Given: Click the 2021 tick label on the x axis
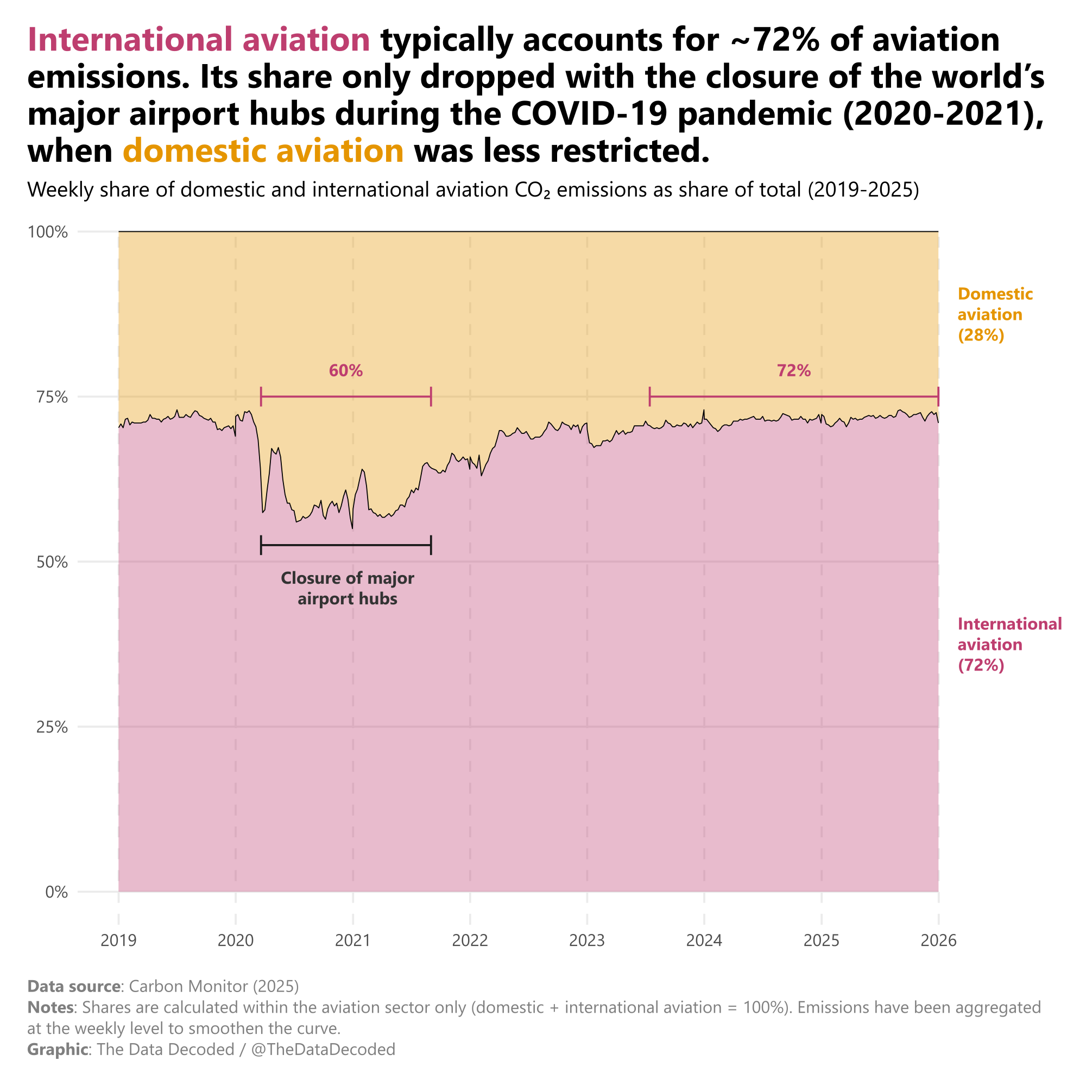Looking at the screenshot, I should [x=352, y=940].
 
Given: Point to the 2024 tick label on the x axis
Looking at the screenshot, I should [x=704, y=940].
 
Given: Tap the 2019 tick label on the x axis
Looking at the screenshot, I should [x=118, y=940].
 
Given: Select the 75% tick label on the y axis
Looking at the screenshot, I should [x=52, y=397].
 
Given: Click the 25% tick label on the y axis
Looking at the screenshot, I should [x=52, y=728].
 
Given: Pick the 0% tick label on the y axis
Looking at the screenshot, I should [x=56, y=892].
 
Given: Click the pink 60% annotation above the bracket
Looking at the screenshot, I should [x=346, y=371].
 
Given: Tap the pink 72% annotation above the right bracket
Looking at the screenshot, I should [x=794, y=371].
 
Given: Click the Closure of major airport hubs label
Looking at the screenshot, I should [x=348, y=588].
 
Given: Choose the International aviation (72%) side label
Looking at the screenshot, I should [x=1009, y=645].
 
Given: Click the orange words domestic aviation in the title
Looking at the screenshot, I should [x=263, y=151].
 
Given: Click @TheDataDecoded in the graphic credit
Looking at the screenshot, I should [x=323, y=1050].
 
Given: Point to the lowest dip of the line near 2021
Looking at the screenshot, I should [x=352, y=528].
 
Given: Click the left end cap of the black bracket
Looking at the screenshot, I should [x=261, y=545].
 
